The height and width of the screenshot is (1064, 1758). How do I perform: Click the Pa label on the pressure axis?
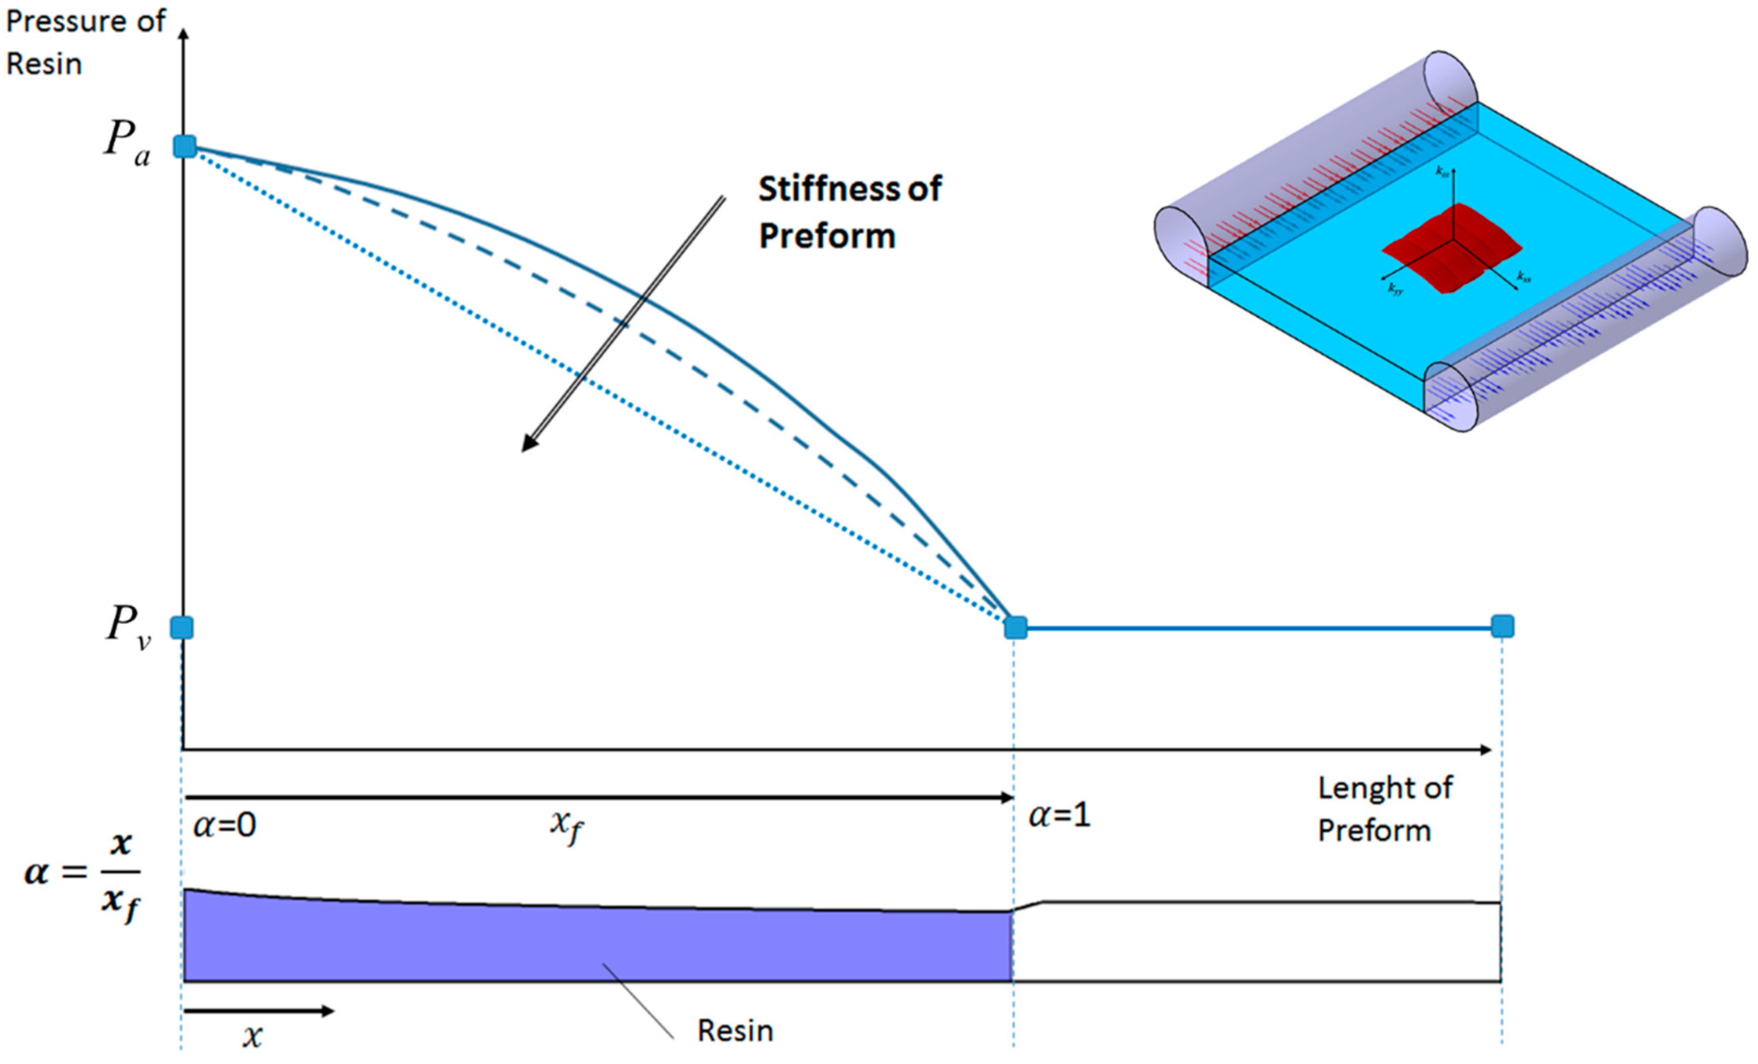pyautogui.click(x=127, y=140)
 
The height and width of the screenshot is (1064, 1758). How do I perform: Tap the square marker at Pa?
pyautogui.click(x=185, y=146)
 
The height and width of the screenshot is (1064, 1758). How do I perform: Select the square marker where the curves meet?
pyautogui.click(x=1015, y=628)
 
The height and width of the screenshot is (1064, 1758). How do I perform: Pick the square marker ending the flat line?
pyautogui.click(x=1502, y=626)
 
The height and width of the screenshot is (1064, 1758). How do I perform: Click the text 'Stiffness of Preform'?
pyautogui.click(x=849, y=212)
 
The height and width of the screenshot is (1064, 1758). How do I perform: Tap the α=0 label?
pyautogui.click(x=225, y=825)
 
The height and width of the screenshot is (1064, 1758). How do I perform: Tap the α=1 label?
pyautogui.click(x=1059, y=814)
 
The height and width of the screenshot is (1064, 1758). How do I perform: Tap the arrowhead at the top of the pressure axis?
pyautogui.click(x=184, y=34)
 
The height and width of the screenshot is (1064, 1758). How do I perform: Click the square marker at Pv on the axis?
pyautogui.click(x=182, y=628)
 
